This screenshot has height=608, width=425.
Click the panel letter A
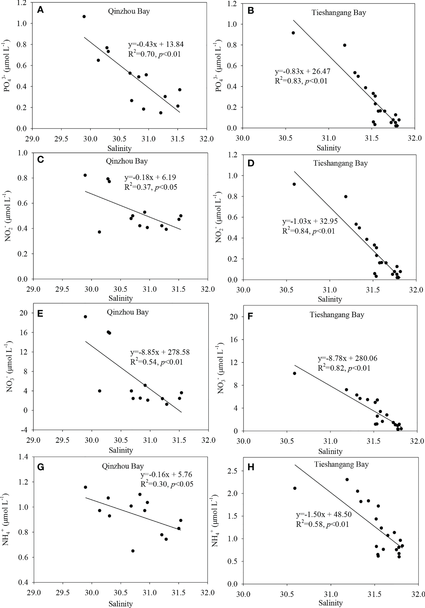40,10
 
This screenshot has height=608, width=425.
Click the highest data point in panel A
84,16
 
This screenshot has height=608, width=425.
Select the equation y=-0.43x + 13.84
157,44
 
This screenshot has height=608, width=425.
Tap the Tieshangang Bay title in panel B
338,13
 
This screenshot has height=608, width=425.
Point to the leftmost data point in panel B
293,33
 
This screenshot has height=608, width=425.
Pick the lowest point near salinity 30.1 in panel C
99,232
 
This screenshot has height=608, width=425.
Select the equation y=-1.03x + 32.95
310,222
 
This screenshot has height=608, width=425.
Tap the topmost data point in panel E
85,317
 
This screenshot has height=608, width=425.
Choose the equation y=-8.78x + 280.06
347,358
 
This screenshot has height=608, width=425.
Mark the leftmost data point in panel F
294,373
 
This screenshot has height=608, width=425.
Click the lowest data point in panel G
133,551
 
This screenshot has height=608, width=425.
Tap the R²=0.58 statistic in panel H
322,524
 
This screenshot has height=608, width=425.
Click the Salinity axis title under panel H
330,603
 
